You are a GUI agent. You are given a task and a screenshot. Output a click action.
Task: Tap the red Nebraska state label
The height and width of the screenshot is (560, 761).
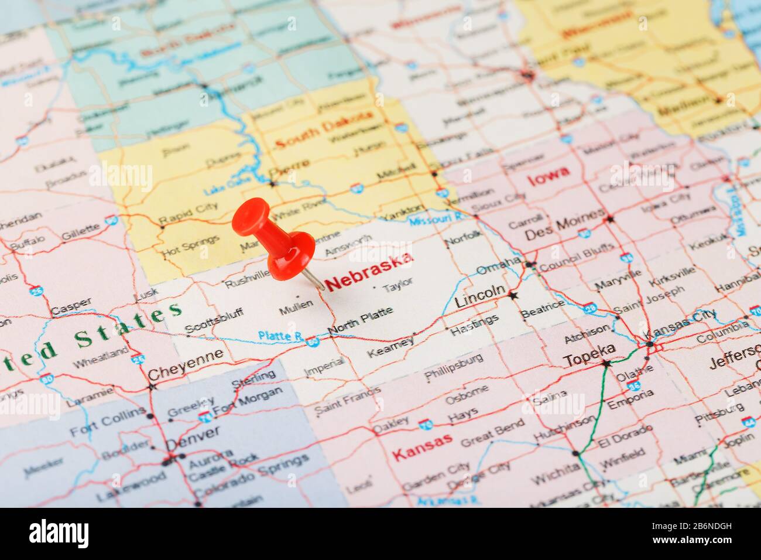coord(369,272)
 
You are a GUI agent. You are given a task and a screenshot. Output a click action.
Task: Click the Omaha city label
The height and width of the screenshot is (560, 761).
coord(498,265)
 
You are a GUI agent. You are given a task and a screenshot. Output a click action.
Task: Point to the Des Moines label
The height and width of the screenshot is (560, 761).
coord(563,226)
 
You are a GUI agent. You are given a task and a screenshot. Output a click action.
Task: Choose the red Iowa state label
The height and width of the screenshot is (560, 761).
coord(548,175)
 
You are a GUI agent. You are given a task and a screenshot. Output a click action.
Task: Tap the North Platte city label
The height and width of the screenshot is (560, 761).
coord(361,321)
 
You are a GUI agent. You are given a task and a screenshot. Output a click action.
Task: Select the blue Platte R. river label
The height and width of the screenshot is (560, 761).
coord(280,336)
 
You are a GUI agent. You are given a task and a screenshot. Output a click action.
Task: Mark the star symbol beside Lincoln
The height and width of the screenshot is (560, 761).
coord(513,296)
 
